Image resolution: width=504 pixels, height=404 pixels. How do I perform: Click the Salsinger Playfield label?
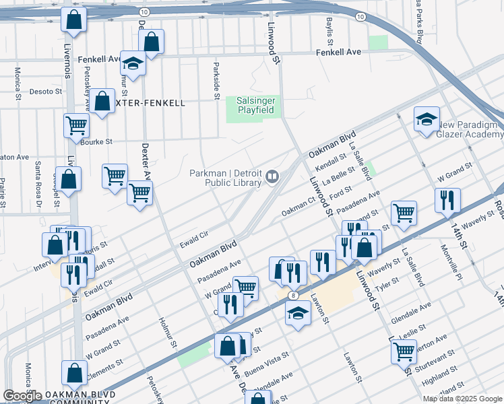pos(255,104)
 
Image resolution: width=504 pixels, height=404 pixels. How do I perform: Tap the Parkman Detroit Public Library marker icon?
pos(272,176)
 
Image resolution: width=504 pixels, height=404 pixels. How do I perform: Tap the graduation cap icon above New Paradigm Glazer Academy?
pos(427,120)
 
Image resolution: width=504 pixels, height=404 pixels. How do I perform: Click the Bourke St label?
pos(96,142)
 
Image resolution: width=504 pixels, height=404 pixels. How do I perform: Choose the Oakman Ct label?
pos(298,210)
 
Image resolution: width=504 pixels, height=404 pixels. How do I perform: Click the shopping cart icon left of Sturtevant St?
pos(404,351)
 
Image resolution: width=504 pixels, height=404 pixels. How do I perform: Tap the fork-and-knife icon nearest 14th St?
pos(447,199)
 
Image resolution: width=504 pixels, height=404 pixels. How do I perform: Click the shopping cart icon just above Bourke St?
pos(76,125)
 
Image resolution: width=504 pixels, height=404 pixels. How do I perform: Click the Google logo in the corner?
pos(22,396)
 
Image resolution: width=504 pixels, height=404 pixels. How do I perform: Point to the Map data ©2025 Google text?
pos(462,399)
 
